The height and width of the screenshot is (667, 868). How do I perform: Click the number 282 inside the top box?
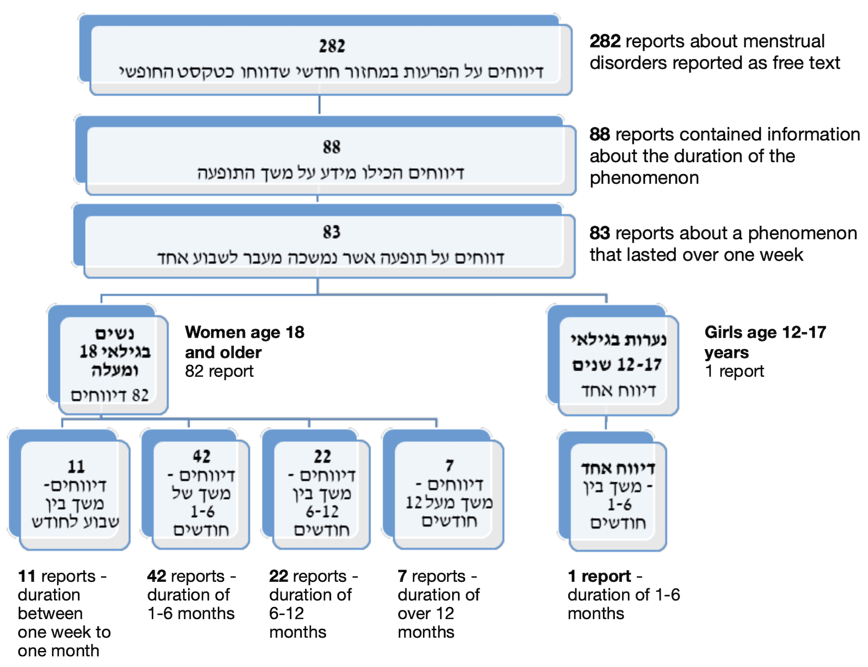click(332, 46)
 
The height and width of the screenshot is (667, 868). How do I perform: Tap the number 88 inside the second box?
click(332, 147)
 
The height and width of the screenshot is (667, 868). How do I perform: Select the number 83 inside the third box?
click(332, 232)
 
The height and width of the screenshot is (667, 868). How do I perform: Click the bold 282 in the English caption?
click(605, 41)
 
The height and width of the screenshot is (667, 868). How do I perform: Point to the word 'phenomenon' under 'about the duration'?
click(644, 178)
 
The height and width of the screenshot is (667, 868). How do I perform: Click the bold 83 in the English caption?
click(600, 233)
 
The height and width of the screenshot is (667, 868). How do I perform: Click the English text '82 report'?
click(219, 372)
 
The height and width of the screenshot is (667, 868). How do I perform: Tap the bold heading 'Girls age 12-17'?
click(765, 332)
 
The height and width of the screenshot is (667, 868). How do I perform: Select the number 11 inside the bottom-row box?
click(76, 467)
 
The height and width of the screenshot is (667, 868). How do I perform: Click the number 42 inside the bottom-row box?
click(201, 456)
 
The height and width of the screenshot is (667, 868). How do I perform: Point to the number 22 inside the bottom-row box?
click(322, 456)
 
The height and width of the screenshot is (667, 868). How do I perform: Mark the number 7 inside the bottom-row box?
click(449, 466)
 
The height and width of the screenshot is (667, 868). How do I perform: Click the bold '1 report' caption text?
click(599, 576)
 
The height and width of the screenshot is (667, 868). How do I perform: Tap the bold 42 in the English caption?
click(157, 576)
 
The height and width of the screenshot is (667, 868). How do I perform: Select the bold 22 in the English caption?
click(279, 576)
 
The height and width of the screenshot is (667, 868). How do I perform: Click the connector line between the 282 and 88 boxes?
click(320, 105)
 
